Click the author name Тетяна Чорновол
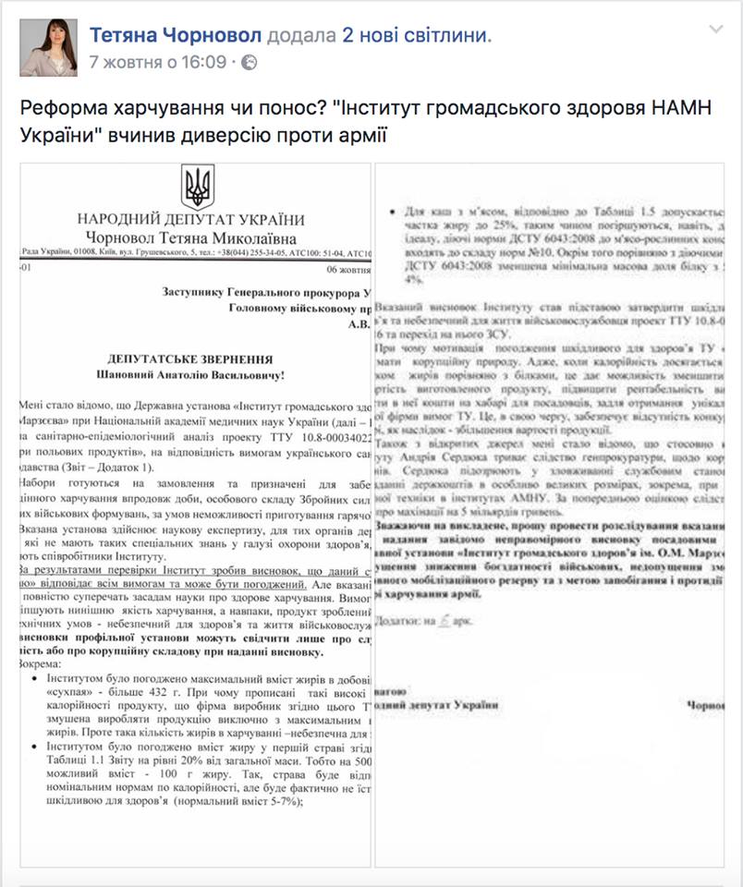click(x=176, y=35)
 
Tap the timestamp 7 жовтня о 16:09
click(x=158, y=62)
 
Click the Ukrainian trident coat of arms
click(x=197, y=188)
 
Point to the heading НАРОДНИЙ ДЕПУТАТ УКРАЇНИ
click(x=190, y=220)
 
